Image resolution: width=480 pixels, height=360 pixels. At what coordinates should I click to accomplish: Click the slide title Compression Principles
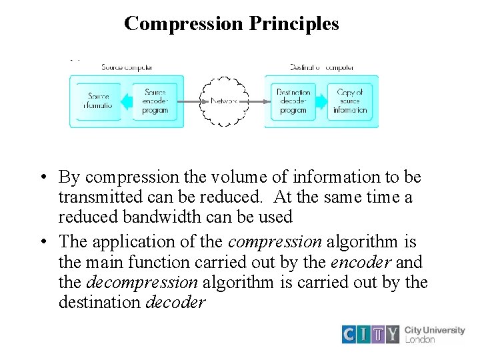pos(231,24)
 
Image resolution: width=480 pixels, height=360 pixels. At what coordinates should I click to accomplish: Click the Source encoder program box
pos(155,101)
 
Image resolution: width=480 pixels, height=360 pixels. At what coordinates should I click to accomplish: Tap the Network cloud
pos(225,101)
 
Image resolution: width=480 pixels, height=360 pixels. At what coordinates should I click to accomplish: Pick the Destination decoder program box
pos(293,101)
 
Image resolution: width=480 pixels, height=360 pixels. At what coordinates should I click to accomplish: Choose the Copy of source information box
pos(349,101)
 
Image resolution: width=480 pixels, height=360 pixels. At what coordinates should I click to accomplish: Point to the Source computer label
pos(127,67)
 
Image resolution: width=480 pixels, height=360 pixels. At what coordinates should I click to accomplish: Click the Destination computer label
pos(321,67)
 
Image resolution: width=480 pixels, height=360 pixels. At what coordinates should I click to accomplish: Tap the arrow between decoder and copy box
pos(322,102)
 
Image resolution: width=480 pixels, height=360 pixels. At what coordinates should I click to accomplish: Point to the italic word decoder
pos(175,302)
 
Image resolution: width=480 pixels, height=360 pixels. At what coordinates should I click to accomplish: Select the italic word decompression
pos(141,283)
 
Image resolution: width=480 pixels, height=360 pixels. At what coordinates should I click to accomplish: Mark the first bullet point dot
pos(42,178)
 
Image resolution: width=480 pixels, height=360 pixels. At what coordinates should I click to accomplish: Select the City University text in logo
pos(435,330)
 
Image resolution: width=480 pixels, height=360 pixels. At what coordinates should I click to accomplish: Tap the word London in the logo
pos(420,339)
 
